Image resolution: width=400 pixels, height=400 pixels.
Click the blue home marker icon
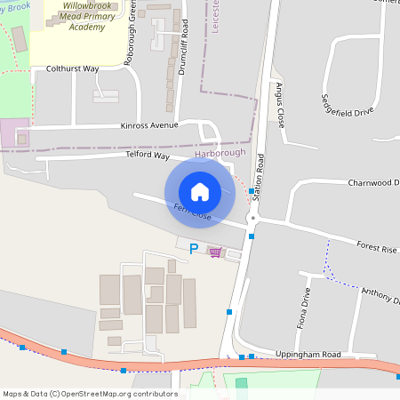[200, 191]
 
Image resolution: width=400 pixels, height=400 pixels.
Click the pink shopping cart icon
[215, 252]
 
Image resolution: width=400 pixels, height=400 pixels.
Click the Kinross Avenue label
[150, 126]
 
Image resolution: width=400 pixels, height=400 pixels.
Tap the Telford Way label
[148, 156]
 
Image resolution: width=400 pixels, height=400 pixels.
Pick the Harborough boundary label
[220, 154]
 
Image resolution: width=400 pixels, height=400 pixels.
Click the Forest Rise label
[375, 250]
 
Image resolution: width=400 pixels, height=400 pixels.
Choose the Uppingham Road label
[307, 355]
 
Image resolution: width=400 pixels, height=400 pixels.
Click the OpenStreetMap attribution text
[90, 394]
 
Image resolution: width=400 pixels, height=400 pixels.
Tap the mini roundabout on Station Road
[252, 218]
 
